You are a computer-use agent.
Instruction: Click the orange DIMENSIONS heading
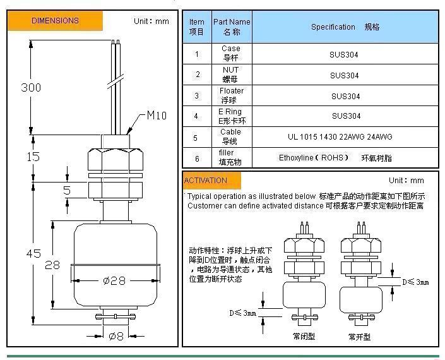55,21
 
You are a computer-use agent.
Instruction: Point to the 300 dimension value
31,87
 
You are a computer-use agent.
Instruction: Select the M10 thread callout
157,116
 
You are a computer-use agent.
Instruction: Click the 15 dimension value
33,156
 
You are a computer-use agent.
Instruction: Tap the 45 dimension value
33,253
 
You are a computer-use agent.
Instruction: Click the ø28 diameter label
114,280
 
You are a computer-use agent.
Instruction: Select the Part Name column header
231,26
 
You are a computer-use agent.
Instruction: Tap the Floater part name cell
231,95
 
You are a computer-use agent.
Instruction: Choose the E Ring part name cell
231,116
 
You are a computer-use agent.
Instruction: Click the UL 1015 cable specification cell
345,137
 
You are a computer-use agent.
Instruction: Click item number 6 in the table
197,158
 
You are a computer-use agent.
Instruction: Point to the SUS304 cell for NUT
345,75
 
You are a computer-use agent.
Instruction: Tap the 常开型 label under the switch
359,335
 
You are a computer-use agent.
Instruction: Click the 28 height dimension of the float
52,265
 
